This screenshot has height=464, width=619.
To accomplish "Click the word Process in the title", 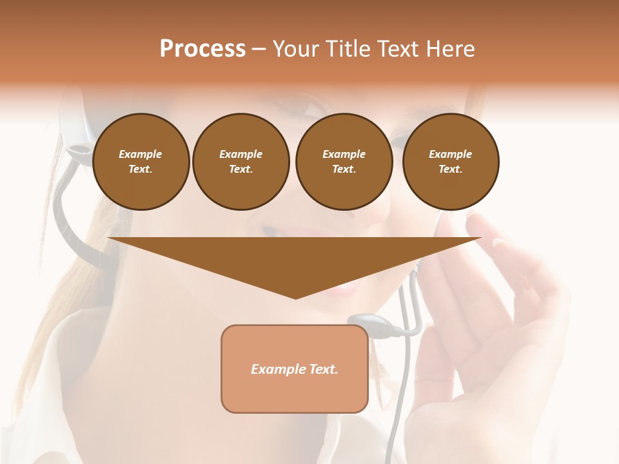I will point(202,49).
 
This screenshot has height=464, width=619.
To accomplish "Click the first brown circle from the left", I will point(141,162).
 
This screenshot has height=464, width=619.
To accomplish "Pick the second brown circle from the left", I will point(241,162).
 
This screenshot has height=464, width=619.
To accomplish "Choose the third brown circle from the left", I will point(344,162).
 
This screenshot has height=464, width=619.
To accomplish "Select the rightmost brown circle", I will point(451,162).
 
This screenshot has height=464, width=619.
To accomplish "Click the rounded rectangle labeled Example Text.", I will point(295,369).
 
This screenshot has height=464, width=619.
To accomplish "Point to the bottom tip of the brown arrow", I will point(295,298).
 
